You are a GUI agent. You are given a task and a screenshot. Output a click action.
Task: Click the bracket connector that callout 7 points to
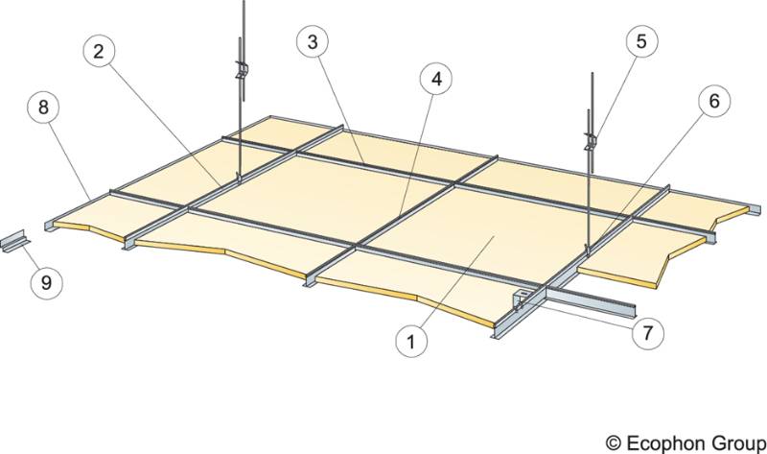523,298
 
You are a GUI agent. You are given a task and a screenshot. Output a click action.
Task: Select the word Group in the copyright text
733,440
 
